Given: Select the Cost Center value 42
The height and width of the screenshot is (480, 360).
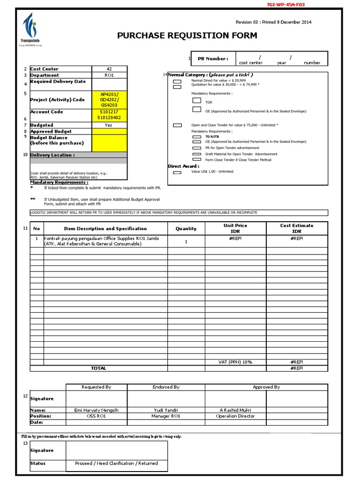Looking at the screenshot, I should [109, 69].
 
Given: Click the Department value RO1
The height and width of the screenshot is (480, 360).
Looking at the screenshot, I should [109, 75].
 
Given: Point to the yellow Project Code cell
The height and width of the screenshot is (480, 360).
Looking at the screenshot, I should [109, 99].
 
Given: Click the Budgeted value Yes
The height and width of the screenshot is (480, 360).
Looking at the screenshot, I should [109, 125].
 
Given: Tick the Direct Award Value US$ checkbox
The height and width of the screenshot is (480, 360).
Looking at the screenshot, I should [177, 172].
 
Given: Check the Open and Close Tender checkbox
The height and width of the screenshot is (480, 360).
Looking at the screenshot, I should [177, 126].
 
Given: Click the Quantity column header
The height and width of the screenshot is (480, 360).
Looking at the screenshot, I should [186, 229].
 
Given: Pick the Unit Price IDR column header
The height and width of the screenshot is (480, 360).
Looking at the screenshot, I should [235, 229].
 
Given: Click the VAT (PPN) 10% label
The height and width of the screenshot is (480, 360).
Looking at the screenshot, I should [235, 362].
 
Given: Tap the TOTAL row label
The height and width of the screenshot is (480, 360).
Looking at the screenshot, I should [98, 368].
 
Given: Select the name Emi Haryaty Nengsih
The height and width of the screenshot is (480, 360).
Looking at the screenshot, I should [97, 410].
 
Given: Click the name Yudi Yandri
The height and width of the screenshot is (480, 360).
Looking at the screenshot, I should [166, 410].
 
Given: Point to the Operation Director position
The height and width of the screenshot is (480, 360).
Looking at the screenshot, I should [235, 416].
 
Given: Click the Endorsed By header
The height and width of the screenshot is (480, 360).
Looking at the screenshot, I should [166, 387].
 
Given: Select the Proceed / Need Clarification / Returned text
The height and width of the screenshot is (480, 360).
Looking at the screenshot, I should [116, 463].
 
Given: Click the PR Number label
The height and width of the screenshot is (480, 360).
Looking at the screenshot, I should [213, 59].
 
